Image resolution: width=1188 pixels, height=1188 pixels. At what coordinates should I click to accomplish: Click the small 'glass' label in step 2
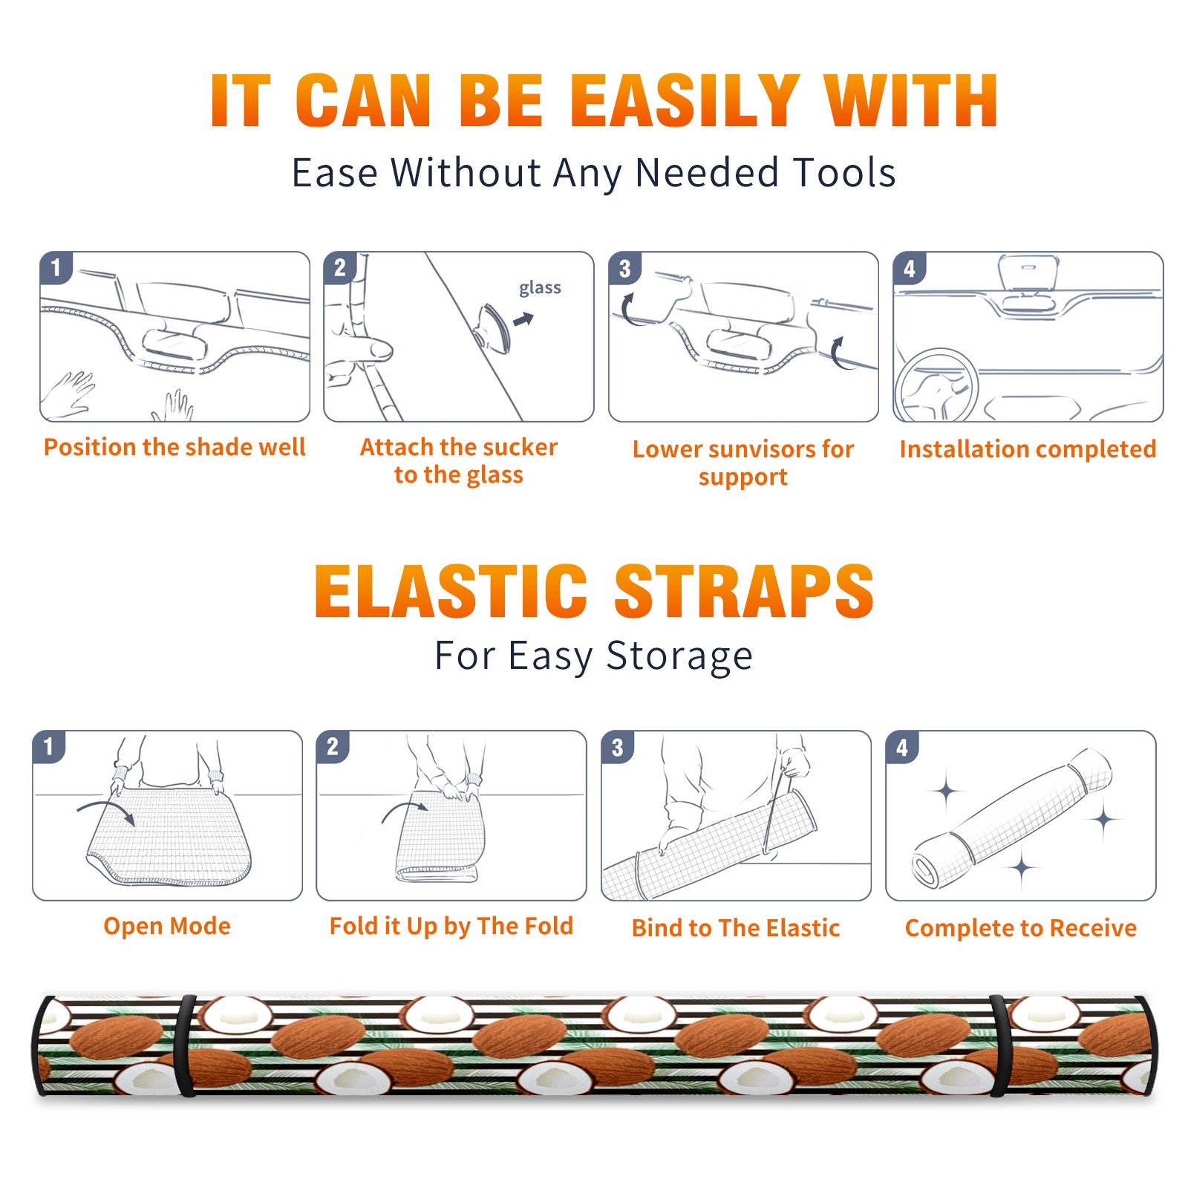pyautogui.click(x=540, y=287)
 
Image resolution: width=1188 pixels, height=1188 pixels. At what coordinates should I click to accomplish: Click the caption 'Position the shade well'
pyautogui.click(x=174, y=447)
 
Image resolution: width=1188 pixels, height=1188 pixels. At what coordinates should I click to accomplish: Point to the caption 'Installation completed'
pyautogui.click(x=1028, y=448)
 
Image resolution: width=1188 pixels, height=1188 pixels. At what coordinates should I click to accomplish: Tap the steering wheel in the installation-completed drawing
pyautogui.click(x=936, y=386)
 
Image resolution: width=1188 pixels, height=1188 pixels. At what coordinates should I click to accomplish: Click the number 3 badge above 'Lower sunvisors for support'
pyautogui.click(x=624, y=268)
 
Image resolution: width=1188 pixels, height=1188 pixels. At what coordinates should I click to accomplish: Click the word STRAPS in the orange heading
pyautogui.click(x=744, y=591)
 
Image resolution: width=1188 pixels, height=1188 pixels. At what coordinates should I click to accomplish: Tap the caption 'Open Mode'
pyautogui.click(x=167, y=926)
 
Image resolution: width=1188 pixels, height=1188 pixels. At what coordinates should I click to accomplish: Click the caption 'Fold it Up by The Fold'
pyautogui.click(x=451, y=927)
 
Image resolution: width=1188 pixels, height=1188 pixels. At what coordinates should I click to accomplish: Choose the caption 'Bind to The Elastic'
pyautogui.click(x=736, y=928)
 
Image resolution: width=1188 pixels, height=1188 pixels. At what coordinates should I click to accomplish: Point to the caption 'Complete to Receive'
pyautogui.click(x=1021, y=928)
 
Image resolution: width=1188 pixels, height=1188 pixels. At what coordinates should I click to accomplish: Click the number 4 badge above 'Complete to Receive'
pyautogui.click(x=902, y=747)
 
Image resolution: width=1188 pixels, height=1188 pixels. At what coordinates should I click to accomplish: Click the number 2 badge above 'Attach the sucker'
pyautogui.click(x=340, y=268)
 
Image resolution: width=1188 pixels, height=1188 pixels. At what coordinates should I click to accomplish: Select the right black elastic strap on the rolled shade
pyautogui.click(x=999, y=1045)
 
